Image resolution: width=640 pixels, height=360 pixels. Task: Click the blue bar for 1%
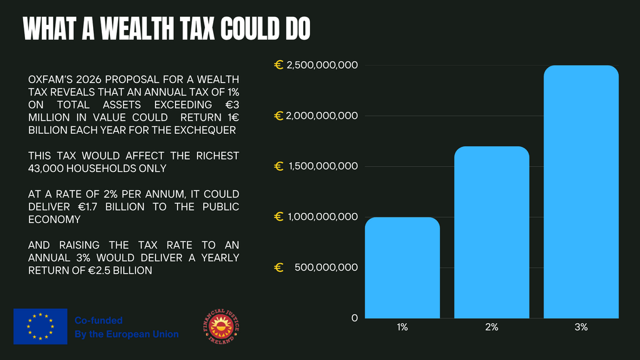tap(402, 267)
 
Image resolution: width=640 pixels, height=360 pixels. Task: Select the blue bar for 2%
tap(491, 232)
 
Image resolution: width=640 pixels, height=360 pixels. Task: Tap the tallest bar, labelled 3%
tap(581, 192)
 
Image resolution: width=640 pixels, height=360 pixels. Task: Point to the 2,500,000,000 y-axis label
tap(322, 65)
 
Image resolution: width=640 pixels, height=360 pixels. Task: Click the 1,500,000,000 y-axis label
tap(323, 166)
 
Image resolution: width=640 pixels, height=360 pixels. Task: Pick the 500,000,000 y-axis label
tap(326, 267)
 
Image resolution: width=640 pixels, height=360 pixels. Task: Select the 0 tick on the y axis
tap(354, 318)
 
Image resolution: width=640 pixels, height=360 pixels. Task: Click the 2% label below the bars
tap(491, 327)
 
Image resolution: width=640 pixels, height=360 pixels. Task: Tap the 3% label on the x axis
tap(581, 327)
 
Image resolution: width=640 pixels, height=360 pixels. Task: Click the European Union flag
tap(41, 326)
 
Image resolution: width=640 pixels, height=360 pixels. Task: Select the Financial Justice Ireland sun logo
tap(221, 326)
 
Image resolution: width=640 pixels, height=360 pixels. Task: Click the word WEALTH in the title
tap(137, 29)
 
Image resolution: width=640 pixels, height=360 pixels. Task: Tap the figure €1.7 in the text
tap(87, 207)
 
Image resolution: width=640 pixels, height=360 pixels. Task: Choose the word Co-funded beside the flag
tap(98, 321)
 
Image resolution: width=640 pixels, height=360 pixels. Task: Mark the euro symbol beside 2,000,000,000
tap(279, 116)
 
